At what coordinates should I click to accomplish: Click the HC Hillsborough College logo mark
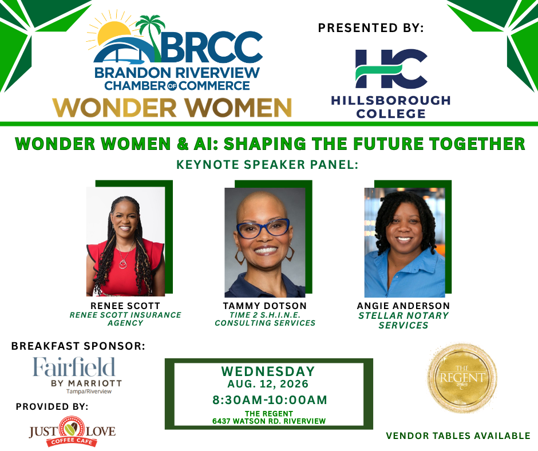(391, 69)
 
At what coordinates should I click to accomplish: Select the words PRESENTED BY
(371, 28)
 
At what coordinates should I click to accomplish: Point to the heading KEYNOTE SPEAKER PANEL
(267, 165)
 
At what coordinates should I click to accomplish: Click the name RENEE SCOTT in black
(125, 306)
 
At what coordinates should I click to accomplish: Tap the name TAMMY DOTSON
(264, 306)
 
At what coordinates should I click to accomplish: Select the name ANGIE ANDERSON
(403, 306)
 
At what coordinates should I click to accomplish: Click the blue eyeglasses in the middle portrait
(263, 228)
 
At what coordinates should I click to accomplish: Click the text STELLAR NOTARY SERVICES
(403, 321)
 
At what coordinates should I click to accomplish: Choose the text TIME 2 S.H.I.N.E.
(265, 315)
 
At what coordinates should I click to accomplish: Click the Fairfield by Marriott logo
(77, 375)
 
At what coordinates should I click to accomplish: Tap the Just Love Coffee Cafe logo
(72, 432)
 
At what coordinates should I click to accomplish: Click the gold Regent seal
(462, 378)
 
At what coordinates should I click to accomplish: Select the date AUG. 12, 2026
(268, 383)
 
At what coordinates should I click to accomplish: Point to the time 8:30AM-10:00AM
(270, 400)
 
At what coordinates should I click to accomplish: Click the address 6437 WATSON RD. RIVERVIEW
(269, 421)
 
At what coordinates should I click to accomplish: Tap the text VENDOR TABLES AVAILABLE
(458, 436)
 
